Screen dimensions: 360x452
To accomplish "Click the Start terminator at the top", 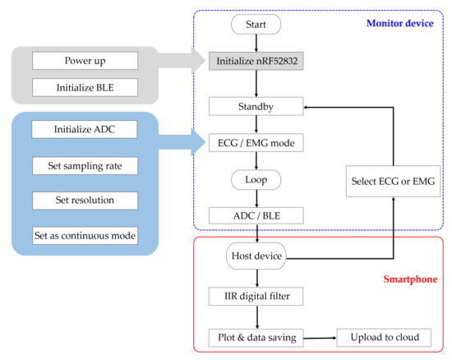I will point(256,25).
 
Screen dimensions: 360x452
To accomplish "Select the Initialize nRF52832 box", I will point(256,61).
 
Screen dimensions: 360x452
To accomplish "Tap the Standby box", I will point(256,106).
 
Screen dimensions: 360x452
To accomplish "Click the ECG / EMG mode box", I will point(256,142).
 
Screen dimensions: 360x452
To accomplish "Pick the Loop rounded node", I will point(256,179).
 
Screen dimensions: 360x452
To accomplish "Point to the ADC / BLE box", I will point(256,215).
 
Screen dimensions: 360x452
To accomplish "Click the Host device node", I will point(256,257).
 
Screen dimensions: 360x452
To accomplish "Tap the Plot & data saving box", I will point(256,337).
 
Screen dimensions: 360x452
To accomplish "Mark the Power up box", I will point(84,60).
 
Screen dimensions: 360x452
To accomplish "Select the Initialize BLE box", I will point(84,87).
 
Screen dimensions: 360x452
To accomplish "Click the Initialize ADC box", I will point(84,129).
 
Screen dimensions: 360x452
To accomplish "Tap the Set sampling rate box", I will point(84,165).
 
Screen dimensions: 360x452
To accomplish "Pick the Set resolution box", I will point(84,200).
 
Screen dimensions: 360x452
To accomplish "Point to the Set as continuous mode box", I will point(84,236).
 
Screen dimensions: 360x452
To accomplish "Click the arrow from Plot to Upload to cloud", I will point(320,337).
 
